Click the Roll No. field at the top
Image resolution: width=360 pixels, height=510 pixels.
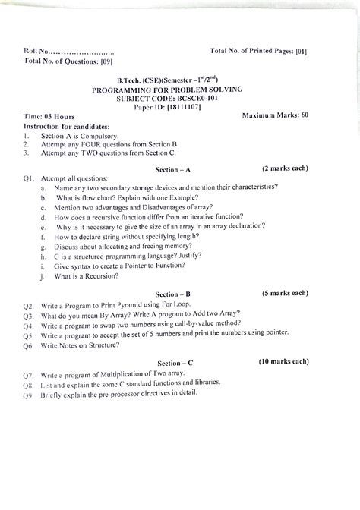[68, 52]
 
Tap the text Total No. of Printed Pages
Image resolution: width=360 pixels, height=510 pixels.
[251, 51]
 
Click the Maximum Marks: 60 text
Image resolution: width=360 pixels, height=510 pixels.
[274, 115]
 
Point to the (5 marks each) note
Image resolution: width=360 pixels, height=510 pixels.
[284, 292]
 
